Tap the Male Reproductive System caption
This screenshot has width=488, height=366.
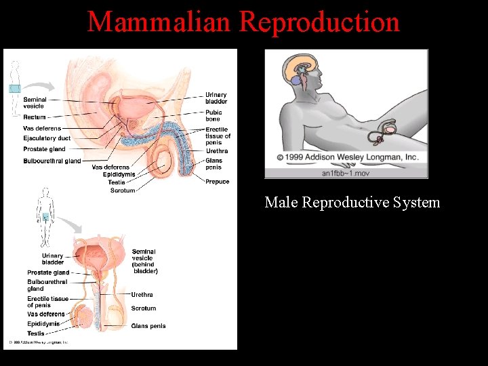352,202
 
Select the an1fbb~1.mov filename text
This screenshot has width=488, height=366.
346,172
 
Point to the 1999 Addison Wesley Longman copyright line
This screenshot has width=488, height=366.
346,157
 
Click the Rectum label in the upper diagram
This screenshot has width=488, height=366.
35,117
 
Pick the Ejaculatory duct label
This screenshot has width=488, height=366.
47,138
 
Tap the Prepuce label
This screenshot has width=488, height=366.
218,182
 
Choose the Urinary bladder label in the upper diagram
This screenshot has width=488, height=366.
216,98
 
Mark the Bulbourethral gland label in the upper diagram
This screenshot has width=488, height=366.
52,161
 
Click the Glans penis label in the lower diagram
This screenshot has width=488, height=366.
148,326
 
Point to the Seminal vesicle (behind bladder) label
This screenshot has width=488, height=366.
144,262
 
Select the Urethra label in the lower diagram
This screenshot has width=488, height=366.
142,295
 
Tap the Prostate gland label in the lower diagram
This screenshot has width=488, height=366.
48,272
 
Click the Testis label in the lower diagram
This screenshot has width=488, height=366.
36,333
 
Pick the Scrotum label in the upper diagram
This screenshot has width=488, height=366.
123,190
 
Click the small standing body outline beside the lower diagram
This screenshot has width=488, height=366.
45,217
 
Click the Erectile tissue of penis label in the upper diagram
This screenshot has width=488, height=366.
218,136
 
